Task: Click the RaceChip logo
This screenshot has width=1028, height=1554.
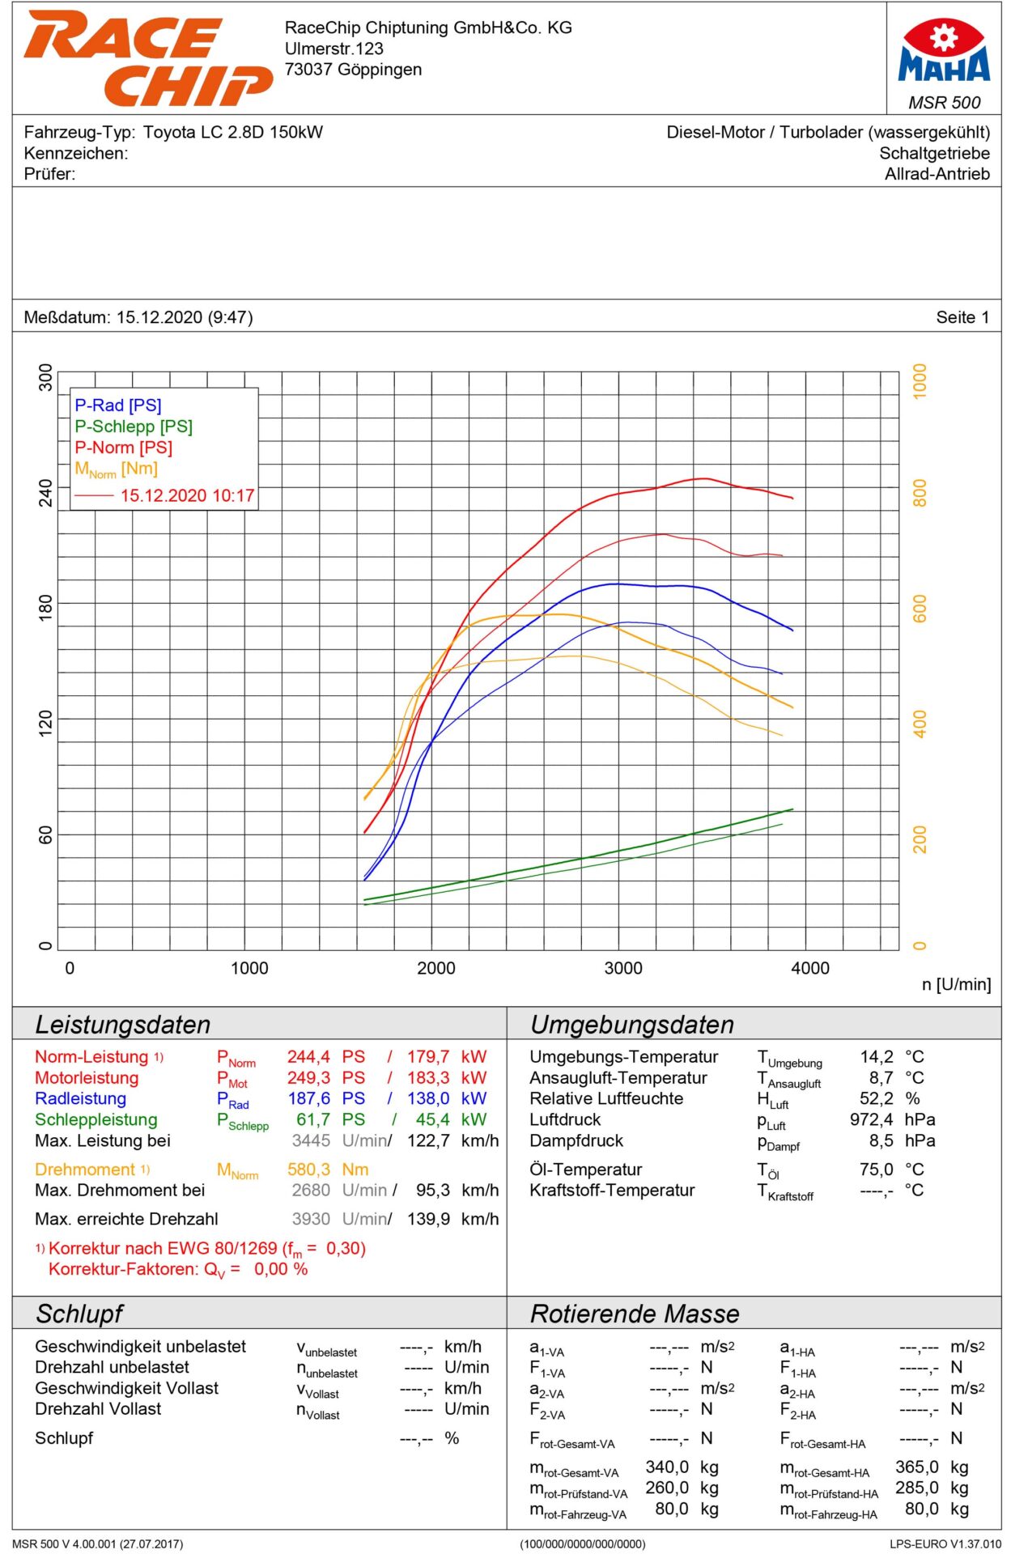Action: [x=147, y=57]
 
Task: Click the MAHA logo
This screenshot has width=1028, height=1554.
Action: [x=944, y=51]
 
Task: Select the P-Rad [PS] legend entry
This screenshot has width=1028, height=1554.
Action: [x=118, y=405]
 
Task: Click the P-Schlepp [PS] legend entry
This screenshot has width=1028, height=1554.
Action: [x=134, y=427]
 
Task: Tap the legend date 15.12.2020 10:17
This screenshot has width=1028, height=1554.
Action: [x=187, y=495]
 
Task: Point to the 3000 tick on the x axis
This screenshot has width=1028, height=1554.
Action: [x=623, y=968]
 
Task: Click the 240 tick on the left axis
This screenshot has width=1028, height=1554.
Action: [x=45, y=492]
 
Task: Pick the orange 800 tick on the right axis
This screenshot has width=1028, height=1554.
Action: [x=920, y=492]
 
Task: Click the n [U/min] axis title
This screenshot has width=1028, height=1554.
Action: [x=956, y=984]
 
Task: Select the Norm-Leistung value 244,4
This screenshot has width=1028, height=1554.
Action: [x=308, y=1057]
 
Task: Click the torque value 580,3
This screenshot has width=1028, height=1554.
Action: [x=308, y=1170]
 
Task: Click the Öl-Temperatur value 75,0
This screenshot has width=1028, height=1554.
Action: [x=877, y=1170]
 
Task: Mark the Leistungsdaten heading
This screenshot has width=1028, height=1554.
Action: [x=123, y=1025]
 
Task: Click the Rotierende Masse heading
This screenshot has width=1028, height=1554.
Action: [x=635, y=1314]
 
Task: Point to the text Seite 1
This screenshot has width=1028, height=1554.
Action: [x=962, y=317]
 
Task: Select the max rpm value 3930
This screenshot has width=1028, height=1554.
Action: [x=311, y=1219]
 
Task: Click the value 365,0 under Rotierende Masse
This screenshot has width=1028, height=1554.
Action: [x=916, y=1467]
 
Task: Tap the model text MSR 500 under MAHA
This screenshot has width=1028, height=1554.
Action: [x=944, y=103]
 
